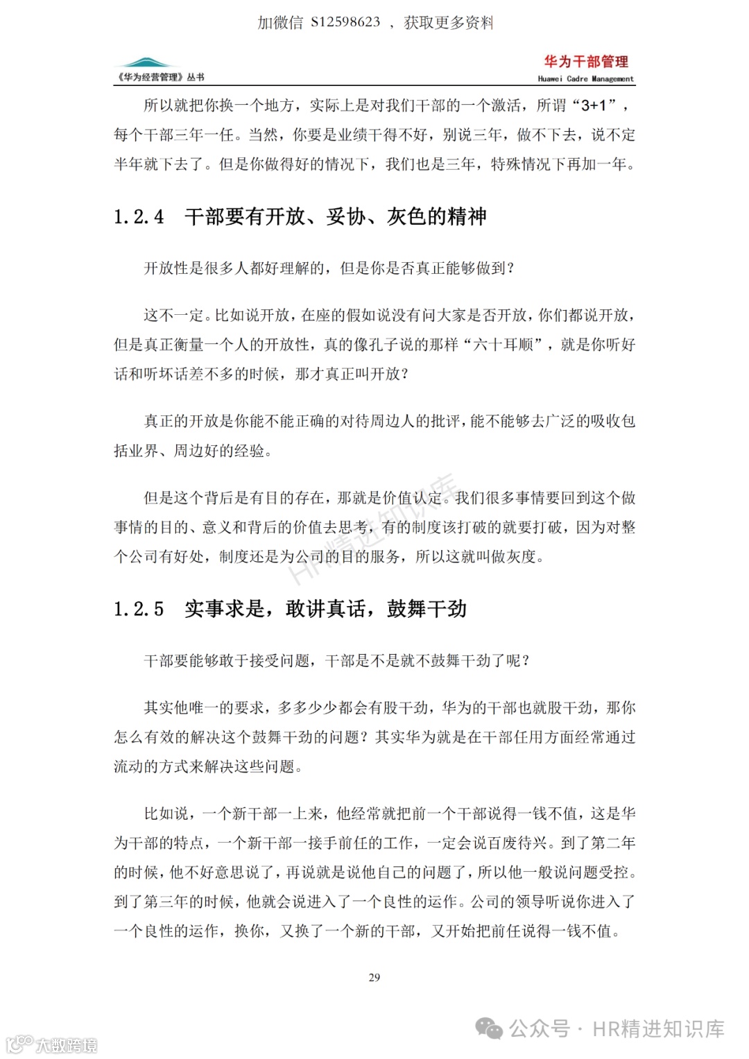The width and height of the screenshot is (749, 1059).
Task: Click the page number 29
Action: point(374,977)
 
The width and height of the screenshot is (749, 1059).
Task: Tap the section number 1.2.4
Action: point(139,217)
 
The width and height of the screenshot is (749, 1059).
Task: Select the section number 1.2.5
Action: point(139,609)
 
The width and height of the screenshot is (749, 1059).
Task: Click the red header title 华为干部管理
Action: point(586,62)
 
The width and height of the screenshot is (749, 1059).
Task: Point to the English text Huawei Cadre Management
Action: point(585,79)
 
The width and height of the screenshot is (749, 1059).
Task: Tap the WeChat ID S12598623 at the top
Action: point(345,22)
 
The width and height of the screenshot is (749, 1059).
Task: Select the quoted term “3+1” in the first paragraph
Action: point(594,105)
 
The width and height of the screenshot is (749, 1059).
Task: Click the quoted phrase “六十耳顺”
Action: point(502,345)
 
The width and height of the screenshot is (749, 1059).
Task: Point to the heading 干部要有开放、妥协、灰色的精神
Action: point(336,217)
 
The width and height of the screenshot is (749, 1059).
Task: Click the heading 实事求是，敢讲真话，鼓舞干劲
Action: point(325,609)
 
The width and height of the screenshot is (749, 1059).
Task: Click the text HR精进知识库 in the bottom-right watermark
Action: point(658,1028)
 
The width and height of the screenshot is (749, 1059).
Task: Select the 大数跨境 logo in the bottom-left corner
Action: point(51,1044)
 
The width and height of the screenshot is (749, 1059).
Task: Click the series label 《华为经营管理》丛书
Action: point(161,78)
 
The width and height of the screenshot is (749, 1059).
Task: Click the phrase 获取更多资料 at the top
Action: point(449,22)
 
